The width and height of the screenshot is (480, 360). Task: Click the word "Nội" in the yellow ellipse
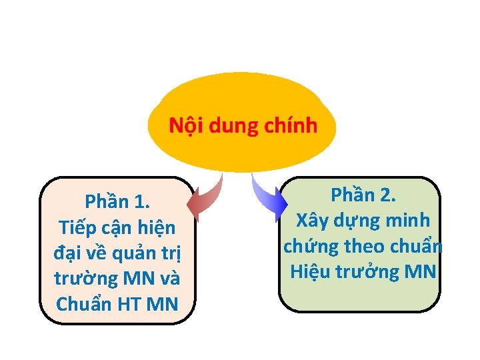[x=185, y=125]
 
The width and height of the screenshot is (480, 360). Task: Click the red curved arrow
[x=205, y=198]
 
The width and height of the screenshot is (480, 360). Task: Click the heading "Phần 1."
[x=117, y=202]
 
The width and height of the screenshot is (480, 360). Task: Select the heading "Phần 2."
[x=363, y=195]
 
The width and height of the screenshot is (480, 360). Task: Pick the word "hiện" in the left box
[x=155, y=227]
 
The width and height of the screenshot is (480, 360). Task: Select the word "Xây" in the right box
[x=313, y=220]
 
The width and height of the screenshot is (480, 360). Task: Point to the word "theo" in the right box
[x=367, y=246]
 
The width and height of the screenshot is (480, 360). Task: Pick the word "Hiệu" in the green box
[x=313, y=271]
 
